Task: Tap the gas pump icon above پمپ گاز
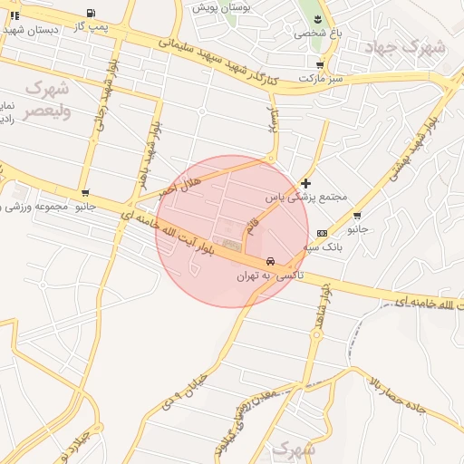tap(91, 13)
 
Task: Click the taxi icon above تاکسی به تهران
tap(271, 261)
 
